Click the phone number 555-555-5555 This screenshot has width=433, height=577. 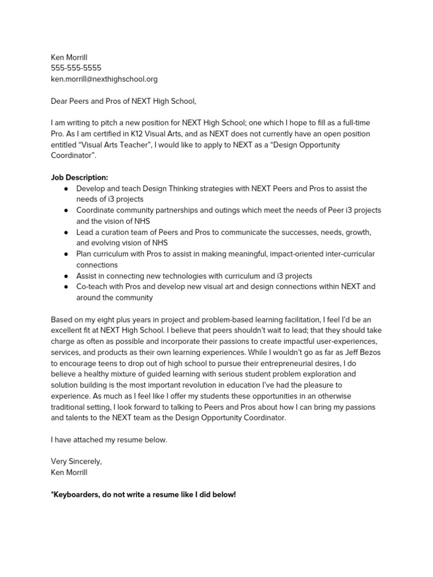coord(76,68)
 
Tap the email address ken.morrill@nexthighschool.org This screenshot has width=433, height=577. coord(104,79)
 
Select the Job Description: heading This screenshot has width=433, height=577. coord(79,177)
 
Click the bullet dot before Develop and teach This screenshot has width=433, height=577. coord(67,189)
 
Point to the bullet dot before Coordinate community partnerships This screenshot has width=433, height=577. coord(67,211)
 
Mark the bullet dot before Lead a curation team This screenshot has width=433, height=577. coord(67,232)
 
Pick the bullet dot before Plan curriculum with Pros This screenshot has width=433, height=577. coord(67,254)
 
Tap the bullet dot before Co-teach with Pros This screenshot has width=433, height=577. coord(67,287)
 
